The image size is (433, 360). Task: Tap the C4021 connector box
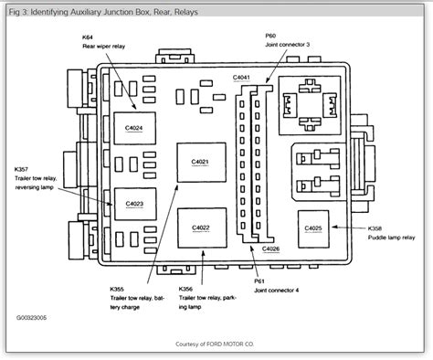[x=199, y=162]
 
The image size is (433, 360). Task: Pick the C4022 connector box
[x=199, y=228]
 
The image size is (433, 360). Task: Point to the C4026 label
[x=271, y=249]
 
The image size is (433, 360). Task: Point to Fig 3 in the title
[x=16, y=12]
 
